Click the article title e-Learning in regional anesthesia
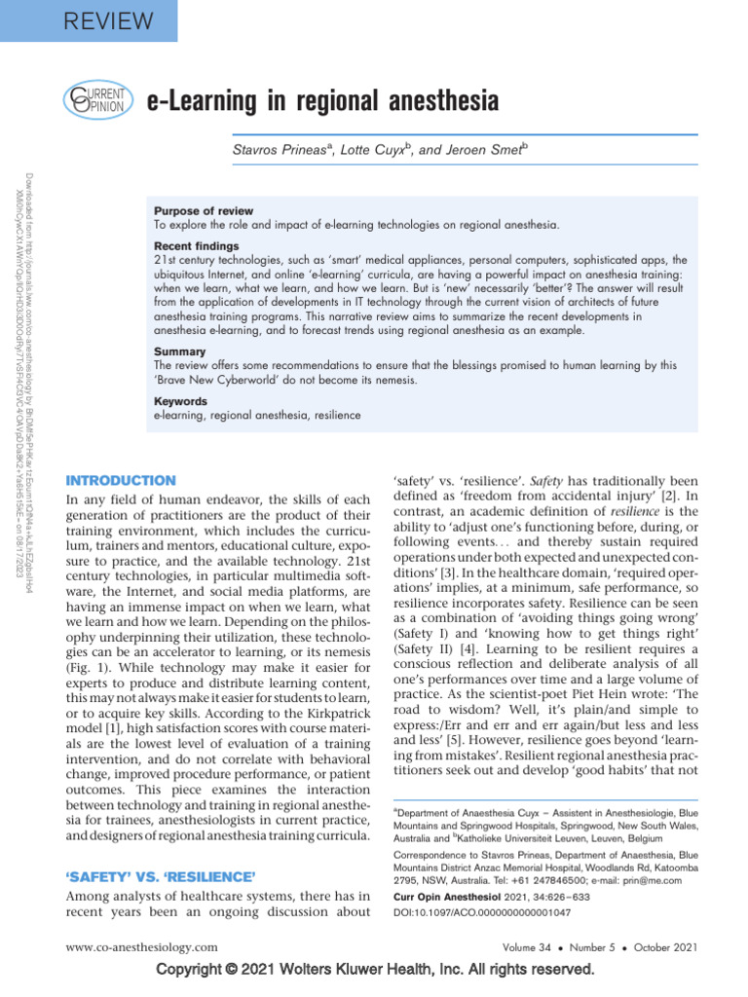click(x=321, y=100)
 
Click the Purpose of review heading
click(x=204, y=211)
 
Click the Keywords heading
click(x=180, y=401)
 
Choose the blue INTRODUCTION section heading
click(x=120, y=480)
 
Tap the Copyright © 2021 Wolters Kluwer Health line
click(x=375, y=971)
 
